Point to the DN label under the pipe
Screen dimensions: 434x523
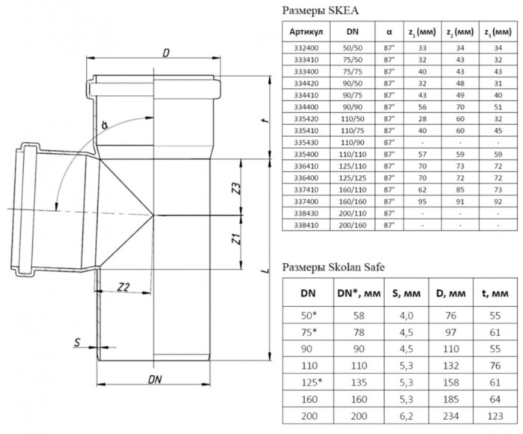pos(155,379)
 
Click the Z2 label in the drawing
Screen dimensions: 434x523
pos(125,286)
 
